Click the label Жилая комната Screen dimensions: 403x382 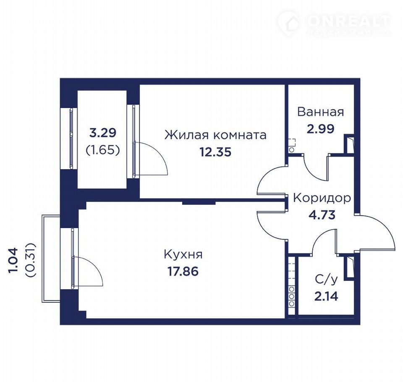click(215, 135)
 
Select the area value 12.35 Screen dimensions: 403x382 click(216, 152)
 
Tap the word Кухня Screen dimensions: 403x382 click(183, 254)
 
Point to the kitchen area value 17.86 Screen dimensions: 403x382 click(183, 271)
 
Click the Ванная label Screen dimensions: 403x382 click(320, 112)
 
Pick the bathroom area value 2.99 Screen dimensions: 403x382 click(320, 129)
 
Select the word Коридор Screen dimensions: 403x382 click(322, 198)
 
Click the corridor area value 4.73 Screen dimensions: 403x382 click(322, 215)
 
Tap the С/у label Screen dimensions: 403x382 click(326, 280)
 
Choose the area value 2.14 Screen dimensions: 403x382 click(326, 296)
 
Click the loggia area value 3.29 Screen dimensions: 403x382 click(102, 133)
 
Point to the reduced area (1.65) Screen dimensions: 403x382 click(102, 150)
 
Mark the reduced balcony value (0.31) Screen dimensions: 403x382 click(30, 260)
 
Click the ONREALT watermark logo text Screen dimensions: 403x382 click(348, 21)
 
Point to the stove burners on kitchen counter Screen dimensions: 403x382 click(291, 296)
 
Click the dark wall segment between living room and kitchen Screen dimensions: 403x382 click(199, 203)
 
